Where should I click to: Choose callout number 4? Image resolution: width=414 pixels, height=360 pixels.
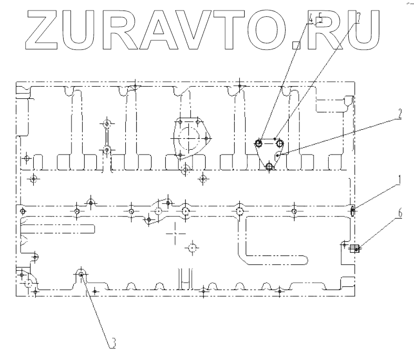[312, 19]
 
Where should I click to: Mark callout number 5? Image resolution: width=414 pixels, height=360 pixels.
[319, 19]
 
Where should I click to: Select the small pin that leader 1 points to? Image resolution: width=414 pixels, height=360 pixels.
[353, 211]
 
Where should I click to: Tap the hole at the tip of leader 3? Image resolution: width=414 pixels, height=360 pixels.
[81, 274]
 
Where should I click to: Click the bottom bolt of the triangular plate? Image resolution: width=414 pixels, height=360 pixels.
[270, 167]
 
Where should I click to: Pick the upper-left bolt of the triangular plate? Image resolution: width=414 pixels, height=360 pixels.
[259, 143]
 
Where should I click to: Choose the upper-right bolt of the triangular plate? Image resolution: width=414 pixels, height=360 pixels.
[280, 143]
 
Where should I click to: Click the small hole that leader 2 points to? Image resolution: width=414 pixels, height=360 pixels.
[278, 156]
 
